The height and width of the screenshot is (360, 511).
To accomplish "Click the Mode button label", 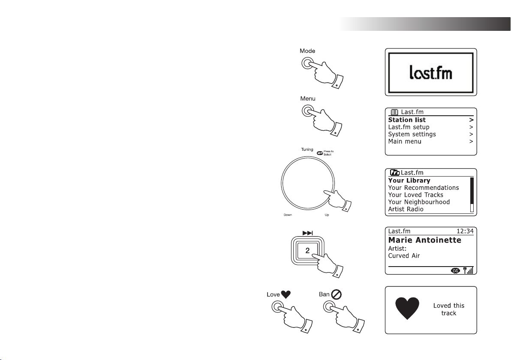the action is click(307, 51).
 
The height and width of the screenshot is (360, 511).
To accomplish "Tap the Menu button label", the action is click(307, 99).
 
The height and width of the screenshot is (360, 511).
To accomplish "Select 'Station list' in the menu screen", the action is click(407, 120).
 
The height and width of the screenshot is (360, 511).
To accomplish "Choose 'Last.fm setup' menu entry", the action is click(409, 127).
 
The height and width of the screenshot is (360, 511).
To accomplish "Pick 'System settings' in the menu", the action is click(412, 134).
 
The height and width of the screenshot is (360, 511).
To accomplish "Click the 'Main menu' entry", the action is click(405, 141).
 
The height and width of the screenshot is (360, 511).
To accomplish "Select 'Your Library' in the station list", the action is click(409, 181).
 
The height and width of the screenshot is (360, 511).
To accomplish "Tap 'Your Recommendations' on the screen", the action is click(424, 188).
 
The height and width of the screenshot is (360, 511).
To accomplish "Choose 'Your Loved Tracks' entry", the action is click(416, 195).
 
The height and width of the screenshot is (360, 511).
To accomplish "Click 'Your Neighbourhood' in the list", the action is click(419, 202).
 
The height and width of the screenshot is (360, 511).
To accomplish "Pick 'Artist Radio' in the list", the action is click(406, 209).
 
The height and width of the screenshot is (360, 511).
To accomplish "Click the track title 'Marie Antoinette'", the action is click(424, 240).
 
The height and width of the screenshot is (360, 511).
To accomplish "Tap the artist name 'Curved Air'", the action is click(403, 256).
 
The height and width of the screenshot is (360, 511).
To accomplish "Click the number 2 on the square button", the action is click(308, 251).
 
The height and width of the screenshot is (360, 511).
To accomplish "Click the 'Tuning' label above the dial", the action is click(307, 150).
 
